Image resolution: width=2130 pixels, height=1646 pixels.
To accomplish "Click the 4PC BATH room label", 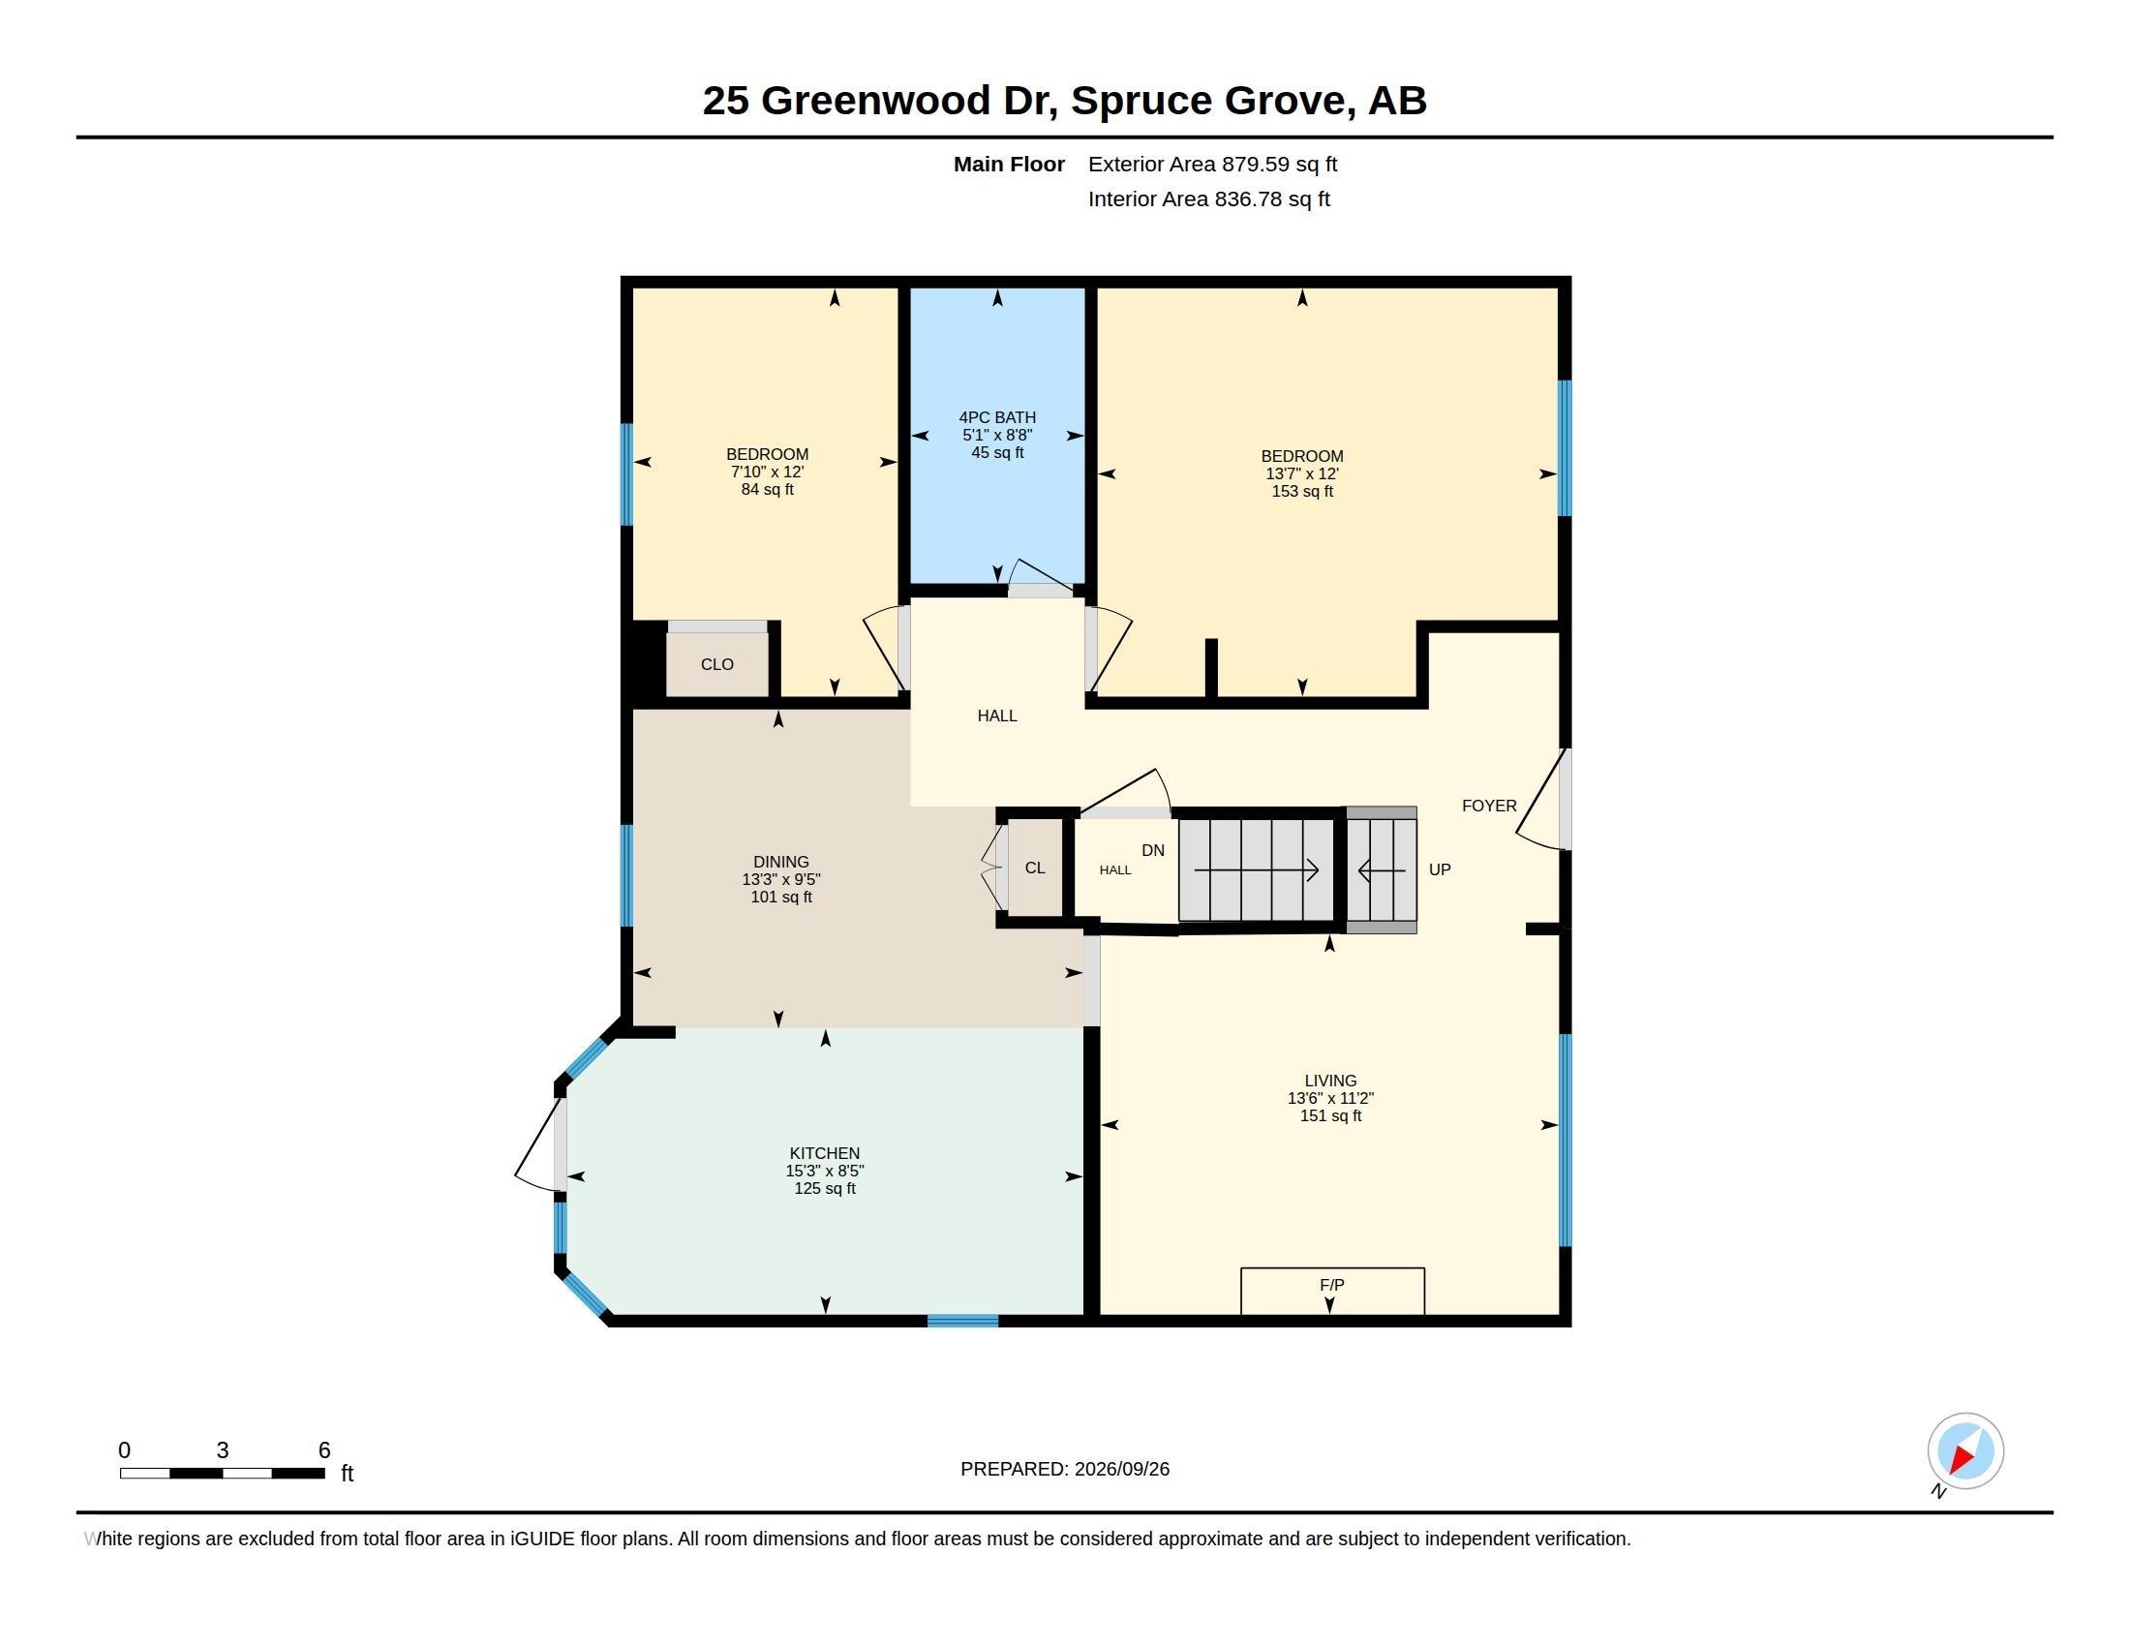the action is coord(996,417).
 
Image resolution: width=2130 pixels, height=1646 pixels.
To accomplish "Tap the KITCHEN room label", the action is coord(824,1153).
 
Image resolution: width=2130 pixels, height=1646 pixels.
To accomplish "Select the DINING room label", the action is coord(780,862).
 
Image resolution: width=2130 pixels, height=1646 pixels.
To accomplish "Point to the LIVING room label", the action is coord(1330,1081).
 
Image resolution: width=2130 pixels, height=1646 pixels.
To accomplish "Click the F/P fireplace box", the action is coord(1332,1291).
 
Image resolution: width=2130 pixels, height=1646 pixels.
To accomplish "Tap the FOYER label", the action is coord(1489,806).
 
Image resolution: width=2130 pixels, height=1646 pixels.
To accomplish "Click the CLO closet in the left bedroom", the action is coord(716,664).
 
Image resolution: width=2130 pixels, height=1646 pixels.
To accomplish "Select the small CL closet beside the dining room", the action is coord(1035,868).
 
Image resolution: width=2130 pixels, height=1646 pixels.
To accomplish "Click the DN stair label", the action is coord(1153,850).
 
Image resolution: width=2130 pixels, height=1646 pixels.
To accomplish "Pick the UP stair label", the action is coord(1440,869).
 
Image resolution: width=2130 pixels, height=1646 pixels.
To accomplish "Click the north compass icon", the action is coord(1964,1451).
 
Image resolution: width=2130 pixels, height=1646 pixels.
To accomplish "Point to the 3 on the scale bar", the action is coord(223,1450).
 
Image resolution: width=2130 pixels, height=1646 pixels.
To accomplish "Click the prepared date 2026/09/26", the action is coord(1121,1469).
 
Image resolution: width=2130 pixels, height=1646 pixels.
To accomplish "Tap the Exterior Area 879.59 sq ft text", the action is coord(1212,164).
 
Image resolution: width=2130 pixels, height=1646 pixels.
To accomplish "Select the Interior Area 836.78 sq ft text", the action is coord(1208,198).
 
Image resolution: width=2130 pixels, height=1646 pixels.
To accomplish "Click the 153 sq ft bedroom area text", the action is coord(1302,492).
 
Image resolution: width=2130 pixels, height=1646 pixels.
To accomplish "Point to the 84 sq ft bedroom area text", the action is coord(767,490).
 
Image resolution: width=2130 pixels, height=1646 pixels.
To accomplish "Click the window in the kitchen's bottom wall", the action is coord(961,1322).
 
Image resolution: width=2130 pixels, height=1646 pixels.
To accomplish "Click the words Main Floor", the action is coord(1009,164).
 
